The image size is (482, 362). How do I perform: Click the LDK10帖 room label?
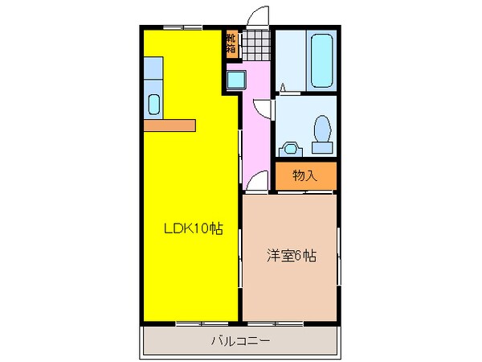click(192, 229)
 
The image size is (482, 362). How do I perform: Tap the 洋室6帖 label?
click(291, 257)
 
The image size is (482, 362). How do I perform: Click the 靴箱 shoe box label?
click(231, 44)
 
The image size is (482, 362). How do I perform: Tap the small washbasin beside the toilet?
click(290, 148)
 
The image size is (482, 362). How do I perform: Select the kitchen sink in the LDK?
click(155, 105)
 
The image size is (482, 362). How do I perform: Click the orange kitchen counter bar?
click(170, 125)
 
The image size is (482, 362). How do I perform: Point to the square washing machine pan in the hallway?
click(237, 80)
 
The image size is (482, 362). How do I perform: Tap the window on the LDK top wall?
click(182, 29)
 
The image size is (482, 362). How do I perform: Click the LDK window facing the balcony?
click(193, 323)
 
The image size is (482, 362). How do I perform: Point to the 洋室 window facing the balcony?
click(290, 323)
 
